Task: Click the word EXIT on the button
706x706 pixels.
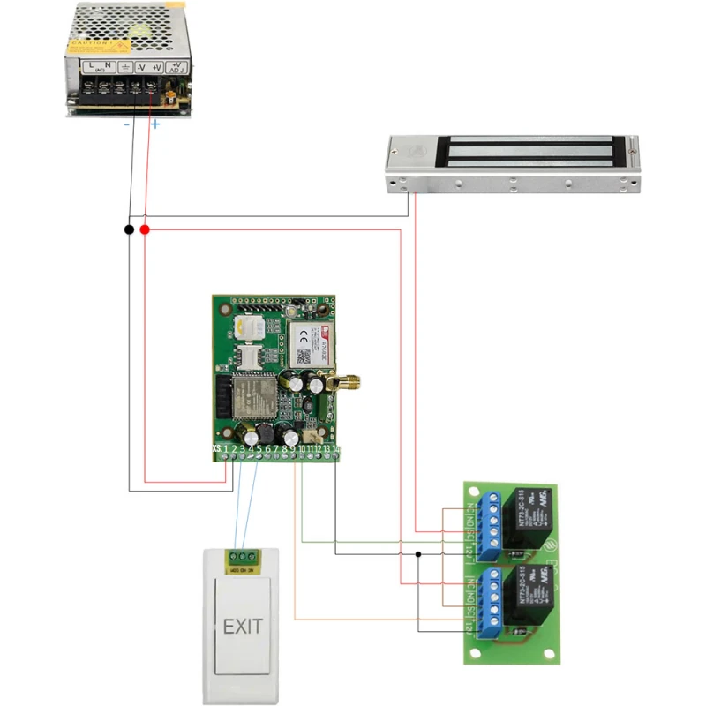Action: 243,627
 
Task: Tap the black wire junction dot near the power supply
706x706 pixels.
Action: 130,229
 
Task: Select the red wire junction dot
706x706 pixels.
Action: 145,229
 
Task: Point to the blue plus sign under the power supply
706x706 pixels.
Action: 155,124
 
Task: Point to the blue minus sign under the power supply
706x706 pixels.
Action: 127,124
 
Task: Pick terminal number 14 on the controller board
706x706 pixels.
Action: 336,450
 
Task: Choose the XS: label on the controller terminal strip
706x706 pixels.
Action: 217,450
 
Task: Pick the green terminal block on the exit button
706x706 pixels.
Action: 242,557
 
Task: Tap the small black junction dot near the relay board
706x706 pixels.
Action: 418,554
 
